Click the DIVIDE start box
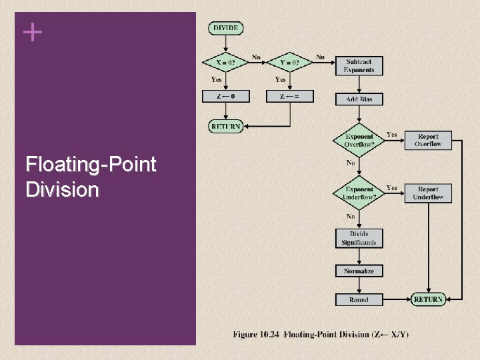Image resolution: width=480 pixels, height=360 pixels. (x=226, y=28)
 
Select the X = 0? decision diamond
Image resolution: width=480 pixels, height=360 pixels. (x=226, y=63)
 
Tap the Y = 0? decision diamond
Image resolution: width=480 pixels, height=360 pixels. (x=290, y=63)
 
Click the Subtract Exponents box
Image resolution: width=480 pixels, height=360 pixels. (x=359, y=66)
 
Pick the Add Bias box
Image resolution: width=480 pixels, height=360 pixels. (x=359, y=99)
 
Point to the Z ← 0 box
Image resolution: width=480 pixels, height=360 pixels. (x=226, y=97)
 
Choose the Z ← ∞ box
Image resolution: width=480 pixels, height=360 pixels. (x=290, y=97)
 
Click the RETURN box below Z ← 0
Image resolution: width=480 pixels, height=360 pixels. (x=226, y=126)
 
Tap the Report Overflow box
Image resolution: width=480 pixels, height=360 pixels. (x=428, y=140)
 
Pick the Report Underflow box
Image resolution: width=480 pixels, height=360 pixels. (x=428, y=193)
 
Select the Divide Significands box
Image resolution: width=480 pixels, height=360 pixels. (x=359, y=239)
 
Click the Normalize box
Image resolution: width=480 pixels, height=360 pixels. (x=359, y=271)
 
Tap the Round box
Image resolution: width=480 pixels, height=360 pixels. (x=359, y=300)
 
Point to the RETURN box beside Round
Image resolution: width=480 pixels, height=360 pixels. (x=428, y=300)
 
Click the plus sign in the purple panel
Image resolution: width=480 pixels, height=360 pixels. (x=32, y=31)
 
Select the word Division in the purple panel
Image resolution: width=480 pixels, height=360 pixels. (x=62, y=190)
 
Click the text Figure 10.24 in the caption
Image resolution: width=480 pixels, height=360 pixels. (x=256, y=334)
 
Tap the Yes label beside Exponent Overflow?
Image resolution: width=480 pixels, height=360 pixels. (x=392, y=134)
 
